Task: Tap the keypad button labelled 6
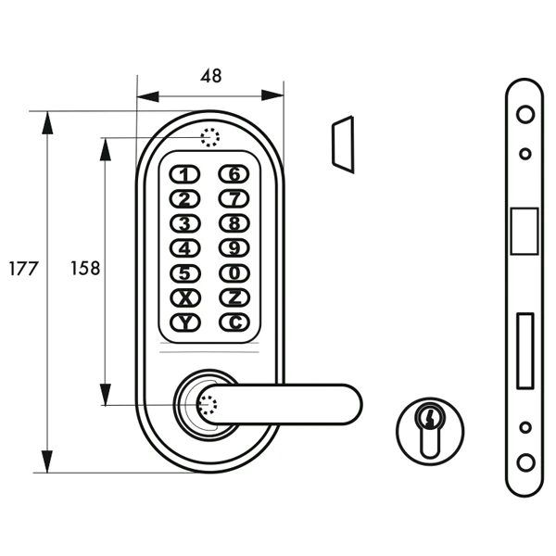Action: (x=235, y=173)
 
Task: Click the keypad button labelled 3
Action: (x=185, y=223)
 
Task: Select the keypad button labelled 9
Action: (x=235, y=248)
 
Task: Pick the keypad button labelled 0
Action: (x=235, y=273)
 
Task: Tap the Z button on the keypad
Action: (x=235, y=297)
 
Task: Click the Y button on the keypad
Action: (x=185, y=322)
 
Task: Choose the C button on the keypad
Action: (x=235, y=322)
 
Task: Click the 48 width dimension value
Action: (x=211, y=77)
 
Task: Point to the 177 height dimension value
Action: (x=22, y=269)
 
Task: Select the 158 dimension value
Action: (x=85, y=269)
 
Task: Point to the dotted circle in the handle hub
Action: (x=207, y=404)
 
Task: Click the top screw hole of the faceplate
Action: (x=524, y=116)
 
